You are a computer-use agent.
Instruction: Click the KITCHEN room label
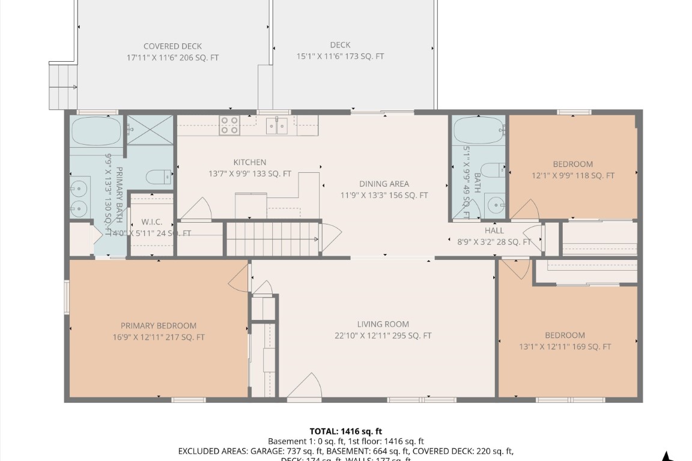tap(249, 162)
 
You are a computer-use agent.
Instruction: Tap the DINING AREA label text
tap(384, 184)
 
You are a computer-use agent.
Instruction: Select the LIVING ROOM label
tap(383, 325)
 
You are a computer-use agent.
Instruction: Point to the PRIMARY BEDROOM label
tap(158, 325)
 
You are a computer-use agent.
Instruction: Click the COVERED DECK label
tap(172, 46)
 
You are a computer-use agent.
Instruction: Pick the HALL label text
tap(494, 230)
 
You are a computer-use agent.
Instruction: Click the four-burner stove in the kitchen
tap(229, 125)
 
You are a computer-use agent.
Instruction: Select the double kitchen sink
tap(277, 126)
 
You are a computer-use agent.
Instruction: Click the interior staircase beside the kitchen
tap(273, 239)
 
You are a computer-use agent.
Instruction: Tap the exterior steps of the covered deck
tap(63, 87)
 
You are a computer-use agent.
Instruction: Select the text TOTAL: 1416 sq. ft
tap(345, 431)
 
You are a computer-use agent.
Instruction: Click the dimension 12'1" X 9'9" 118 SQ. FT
tap(572, 176)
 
